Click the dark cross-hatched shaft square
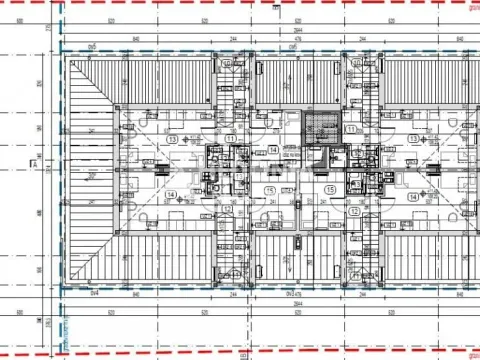[320, 128]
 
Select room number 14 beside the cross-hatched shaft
[273, 151]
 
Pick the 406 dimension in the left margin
[41, 213]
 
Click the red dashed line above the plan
[240, 4]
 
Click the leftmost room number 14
[172, 196]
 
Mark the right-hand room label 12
[354, 212]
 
